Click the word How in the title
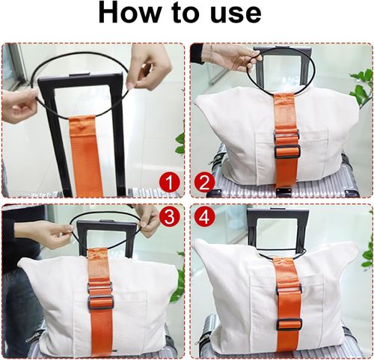131,14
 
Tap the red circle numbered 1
171,181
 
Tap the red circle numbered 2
204,181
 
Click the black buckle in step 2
286,150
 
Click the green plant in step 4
367,254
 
